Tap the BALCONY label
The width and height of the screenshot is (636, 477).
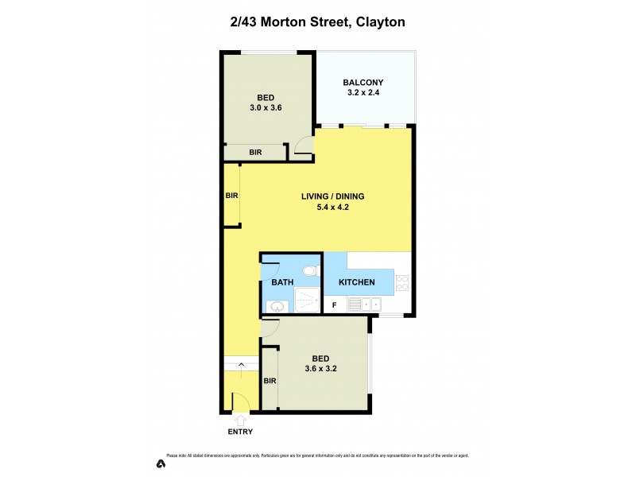tap(363, 82)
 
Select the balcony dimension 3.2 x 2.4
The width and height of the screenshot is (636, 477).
tap(363, 93)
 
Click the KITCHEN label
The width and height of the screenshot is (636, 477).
tap(357, 282)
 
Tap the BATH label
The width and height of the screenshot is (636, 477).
tap(283, 282)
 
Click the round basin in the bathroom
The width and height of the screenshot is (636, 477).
tap(277, 305)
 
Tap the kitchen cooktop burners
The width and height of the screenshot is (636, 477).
tap(402, 282)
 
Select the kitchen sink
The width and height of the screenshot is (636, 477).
tap(370, 304)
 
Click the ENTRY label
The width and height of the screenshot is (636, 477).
tap(240, 432)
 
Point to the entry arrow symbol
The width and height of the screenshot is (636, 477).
tap(240, 419)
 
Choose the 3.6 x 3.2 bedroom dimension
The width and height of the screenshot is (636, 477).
tap(316, 368)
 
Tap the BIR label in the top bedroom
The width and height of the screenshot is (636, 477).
tap(255, 152)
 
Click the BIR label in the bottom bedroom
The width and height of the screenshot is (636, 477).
tap(270, 381)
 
